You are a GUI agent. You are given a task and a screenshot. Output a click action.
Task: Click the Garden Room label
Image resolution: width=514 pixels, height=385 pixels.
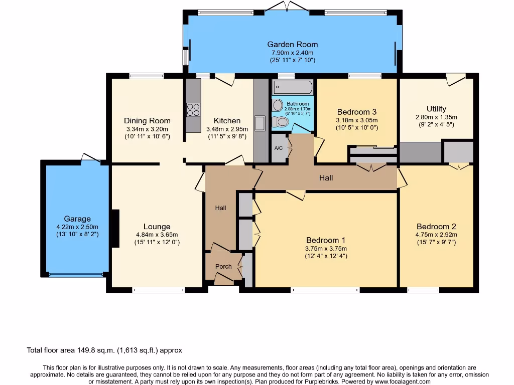pos(292,44)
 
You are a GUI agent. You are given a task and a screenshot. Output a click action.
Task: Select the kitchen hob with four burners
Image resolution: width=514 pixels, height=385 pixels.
pos(193,109)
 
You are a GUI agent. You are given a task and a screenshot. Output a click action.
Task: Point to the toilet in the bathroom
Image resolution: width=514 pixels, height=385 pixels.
pos(280,121)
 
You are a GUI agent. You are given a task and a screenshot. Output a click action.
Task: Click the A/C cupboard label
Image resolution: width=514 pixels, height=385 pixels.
pos(279,148)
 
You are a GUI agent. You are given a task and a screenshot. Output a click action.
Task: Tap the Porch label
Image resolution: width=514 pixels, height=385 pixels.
pos(223,266)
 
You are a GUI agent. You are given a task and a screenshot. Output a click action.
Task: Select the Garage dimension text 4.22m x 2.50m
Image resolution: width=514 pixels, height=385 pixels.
pos(77,227)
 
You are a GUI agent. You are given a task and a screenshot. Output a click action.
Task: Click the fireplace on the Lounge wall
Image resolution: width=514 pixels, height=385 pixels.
pos(115,228)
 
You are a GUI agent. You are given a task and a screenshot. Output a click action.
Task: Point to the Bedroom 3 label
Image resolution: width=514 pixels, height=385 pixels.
pos(357,112)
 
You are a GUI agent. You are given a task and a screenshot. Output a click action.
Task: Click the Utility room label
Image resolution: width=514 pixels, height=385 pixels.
pos(436,109)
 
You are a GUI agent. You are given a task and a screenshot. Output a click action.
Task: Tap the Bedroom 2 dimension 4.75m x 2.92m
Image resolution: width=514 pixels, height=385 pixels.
pos(436,234)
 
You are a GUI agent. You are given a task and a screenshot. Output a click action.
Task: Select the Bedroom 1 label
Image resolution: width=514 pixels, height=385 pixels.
pos(326,240)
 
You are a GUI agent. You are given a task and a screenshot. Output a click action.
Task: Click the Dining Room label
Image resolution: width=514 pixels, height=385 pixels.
pos(147,120)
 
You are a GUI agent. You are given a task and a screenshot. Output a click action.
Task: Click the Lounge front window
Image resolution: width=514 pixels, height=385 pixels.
pos(158,289)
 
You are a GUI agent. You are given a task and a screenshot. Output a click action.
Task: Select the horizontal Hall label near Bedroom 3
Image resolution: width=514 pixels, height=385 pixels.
pos(326,177)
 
